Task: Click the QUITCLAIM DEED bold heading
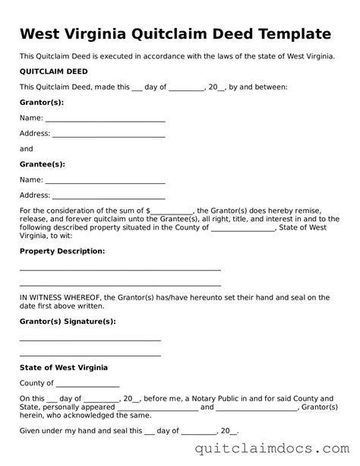click(x=52, y=71)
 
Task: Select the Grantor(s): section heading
click(x=42, y=102)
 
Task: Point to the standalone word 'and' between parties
click(x=27, y=149)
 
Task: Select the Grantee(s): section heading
click(x=43, y=164)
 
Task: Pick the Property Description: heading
click(x=62, y=250)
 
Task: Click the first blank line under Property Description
click(x=120, y=269)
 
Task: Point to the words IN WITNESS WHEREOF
click(x=59, y=297)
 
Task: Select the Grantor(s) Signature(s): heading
click(x=68, y=322)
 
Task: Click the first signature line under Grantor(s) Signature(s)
click(x=90, y=340)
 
